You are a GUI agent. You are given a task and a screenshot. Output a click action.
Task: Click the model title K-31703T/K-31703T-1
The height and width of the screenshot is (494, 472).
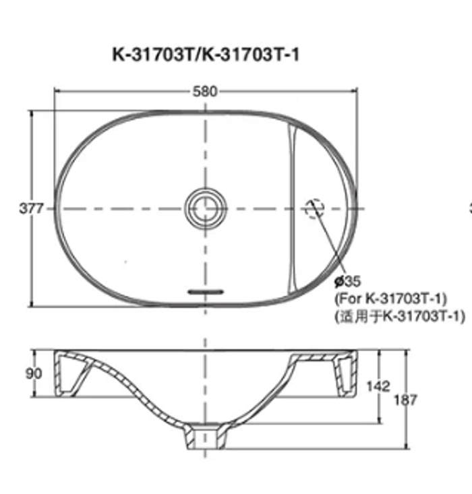pos(206,55)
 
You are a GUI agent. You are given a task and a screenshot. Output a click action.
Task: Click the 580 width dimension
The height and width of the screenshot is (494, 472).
pos(205,92)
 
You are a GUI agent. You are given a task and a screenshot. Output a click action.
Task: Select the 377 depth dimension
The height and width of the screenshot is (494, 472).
pos(31,208)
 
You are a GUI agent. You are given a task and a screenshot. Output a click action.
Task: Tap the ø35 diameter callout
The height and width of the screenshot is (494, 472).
pos(347,281)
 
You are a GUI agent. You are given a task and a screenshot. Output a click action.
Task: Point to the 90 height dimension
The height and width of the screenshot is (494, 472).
pos(34,373)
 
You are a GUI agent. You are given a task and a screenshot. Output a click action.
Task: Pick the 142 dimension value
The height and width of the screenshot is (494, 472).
pos(378,386)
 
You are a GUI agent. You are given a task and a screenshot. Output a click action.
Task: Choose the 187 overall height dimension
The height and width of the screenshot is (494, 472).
pos(405,400)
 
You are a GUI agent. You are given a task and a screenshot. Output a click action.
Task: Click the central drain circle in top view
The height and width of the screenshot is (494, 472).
pos(206,208)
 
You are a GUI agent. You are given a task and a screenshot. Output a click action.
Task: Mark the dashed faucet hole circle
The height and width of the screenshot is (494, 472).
pos(314,208)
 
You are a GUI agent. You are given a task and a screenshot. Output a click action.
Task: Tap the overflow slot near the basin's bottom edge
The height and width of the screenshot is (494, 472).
pos(206,292)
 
